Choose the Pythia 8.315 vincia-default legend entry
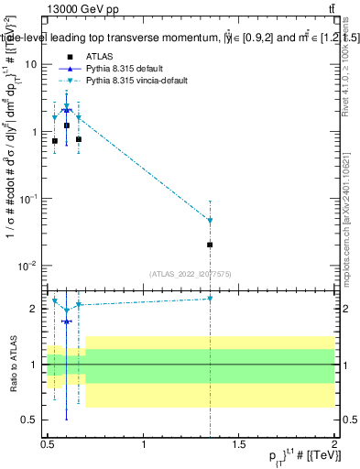(x=137, y=81)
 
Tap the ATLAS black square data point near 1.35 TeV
(x=211, y=245)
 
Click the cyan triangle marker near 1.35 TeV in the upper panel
(x=211, y=221)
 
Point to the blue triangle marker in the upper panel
(x=66, y=110)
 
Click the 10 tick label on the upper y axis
(x=31, y=64)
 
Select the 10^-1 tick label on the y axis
(x=27, y=198)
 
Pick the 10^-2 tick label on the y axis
(x=27, y=266)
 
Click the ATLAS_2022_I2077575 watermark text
(x=190, y=273)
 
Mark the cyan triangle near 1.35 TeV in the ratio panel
(x=211, y=299)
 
